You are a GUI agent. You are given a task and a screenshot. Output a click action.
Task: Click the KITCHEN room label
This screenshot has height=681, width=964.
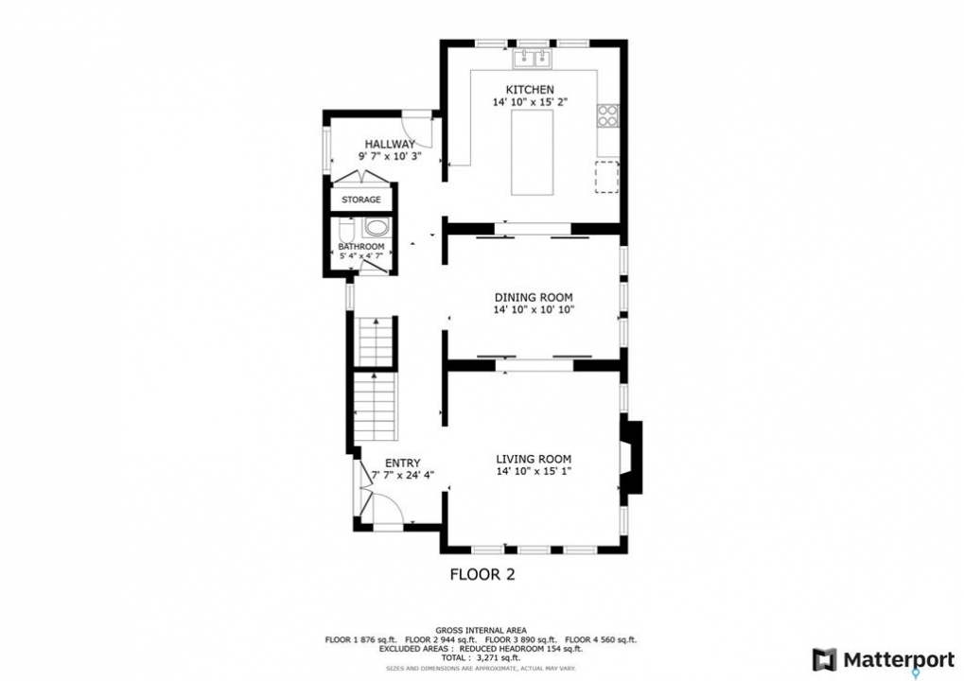pyautogui.click(x=530, y=90)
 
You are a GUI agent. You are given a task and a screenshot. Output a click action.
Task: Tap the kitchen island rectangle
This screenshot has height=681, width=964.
pyautogui.click(x=532, y=152)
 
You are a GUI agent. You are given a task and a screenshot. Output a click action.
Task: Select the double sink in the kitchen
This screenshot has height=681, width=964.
pyautogui.click(x=533, y=59)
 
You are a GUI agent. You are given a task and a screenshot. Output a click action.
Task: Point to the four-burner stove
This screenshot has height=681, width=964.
pyautogui.click(x=607, y=115)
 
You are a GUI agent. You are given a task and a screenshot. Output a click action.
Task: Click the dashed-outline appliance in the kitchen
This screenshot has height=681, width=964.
pyautogui.click(x=606, y=177)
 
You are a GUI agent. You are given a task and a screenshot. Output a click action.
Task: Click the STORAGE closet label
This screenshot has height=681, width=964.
pyautogui.click(x=360, y=200)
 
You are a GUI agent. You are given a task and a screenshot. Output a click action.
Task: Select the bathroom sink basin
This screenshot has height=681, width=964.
pyautogui.click(x=375, y=227)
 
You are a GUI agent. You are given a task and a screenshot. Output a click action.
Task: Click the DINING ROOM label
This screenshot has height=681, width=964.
pyautogui.click(x=534, y=298)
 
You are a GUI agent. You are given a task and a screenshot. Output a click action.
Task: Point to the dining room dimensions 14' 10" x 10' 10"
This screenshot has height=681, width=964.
pyautogui.click(x=534, y=310)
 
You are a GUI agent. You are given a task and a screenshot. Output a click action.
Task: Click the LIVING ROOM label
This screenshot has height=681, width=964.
pyautogui.click(x=534, y=459)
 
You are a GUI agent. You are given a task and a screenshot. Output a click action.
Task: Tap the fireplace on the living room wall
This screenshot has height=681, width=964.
pyautogui.click(x=631, y=457)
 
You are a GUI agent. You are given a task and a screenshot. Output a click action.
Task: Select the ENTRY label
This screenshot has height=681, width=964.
pyautogui.click(x=403, y=463)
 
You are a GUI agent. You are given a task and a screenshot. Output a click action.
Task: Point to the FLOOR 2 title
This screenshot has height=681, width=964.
pyautogui.click(x=482, y=575)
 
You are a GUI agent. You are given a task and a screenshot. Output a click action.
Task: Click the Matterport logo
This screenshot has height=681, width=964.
pyautogui.click(x=883, y=660)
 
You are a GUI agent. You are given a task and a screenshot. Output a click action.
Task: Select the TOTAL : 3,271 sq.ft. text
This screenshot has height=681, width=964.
pyautogui.click(x=481, y=657)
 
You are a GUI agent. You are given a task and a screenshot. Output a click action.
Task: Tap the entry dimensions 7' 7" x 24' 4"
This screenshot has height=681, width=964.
pyautogui.click(x=403, y=475)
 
